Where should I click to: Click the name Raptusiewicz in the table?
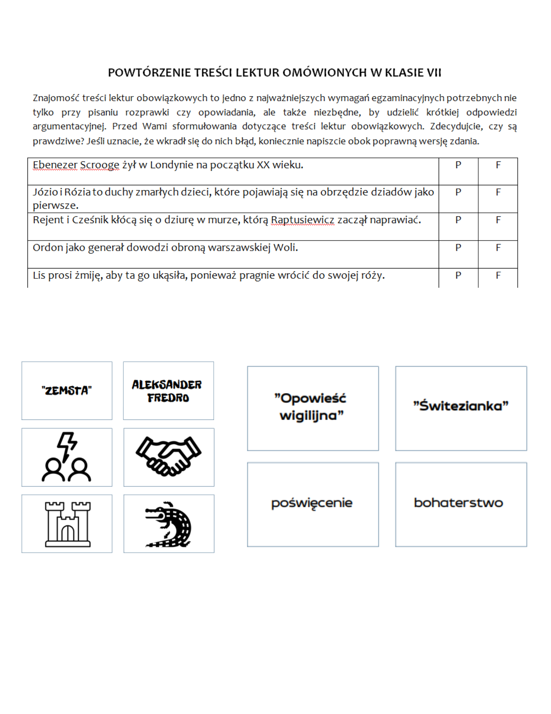[303, 220]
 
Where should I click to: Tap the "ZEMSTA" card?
[67, 391]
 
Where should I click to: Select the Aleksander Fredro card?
[168, 391]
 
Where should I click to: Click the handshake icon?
[169, 457]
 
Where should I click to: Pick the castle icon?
[67, 524]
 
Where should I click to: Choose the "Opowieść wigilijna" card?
[313, 408]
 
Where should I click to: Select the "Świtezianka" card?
[461, 408]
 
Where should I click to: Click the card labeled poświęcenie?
[313, 504]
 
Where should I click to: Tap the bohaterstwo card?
[461, 504]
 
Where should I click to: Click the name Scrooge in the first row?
[100, 165]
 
